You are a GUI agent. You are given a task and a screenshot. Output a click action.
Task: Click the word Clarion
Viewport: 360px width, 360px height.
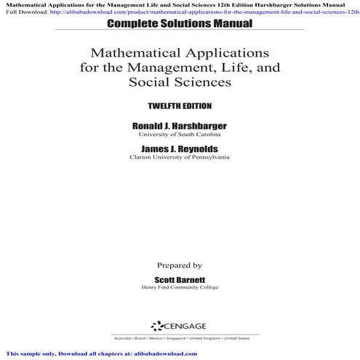pyautogui.click(x=143, y=158)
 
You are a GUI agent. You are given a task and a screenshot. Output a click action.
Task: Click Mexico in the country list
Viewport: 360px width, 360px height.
pyautogui.click(x=158, y=339)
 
